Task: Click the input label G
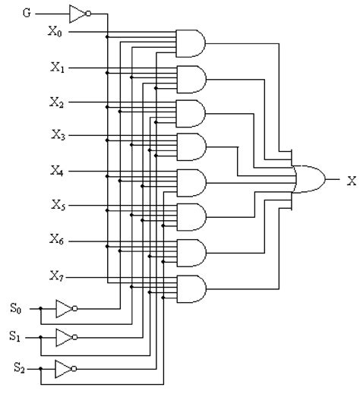[27, 13]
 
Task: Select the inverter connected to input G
[78, 13]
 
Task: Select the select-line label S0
[16, 308]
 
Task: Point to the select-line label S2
[18, 368]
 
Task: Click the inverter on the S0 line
[65, 308]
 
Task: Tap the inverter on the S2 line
[65, 368]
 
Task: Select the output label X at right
[351, 181]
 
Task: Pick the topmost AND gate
[189, 43]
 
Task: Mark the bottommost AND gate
[189, 288]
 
